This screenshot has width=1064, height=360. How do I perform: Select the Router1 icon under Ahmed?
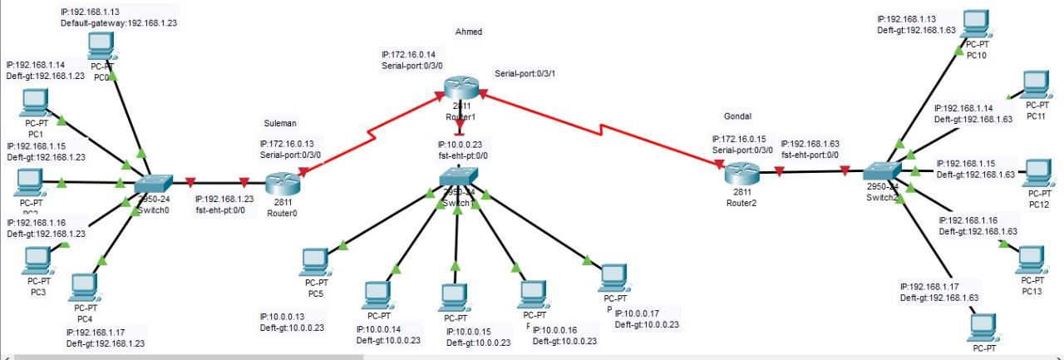coord(458,87)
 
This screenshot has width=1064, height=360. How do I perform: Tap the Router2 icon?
coord(741,174)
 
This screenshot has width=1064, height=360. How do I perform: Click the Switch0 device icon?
coord(154,183)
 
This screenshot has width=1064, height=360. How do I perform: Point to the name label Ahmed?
coord(468,32)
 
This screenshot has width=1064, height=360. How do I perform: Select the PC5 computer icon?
coord(313,262)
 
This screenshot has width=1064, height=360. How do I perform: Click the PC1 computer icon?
coord(35,103)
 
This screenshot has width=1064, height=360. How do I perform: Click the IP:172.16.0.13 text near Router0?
coord(290,143)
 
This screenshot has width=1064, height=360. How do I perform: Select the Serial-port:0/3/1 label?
coord(525,73)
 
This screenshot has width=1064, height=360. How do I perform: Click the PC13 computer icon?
coord(1032,259)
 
